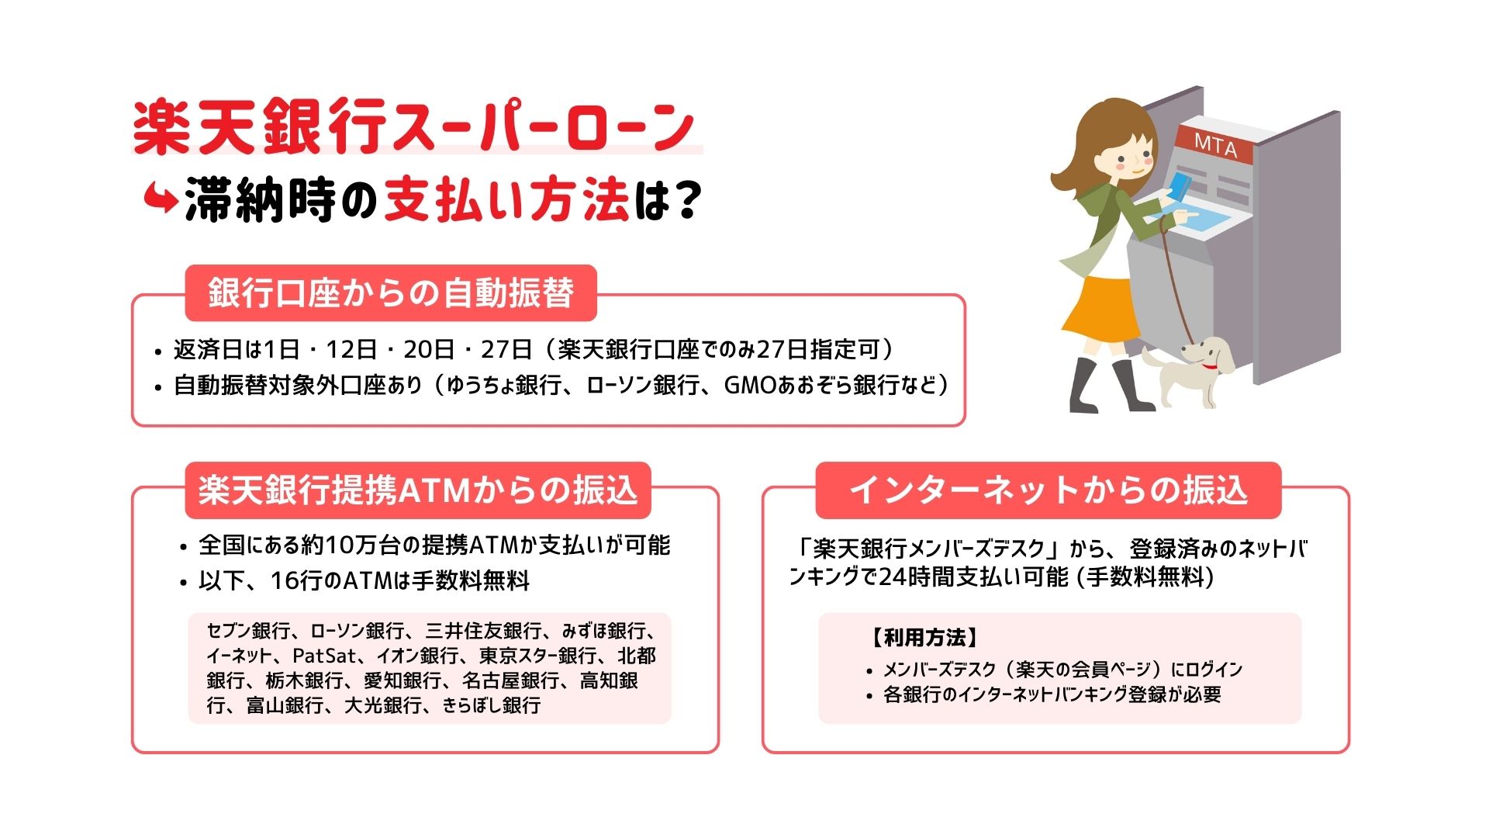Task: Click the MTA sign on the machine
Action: click(x=1215, y=144)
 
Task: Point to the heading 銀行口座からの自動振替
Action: click(x=391, y=293)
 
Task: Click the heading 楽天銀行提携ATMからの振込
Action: click(x=418, y=490)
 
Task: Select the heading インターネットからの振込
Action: click(x=1049, y=490)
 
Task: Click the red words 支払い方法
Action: click(x=506, y=200)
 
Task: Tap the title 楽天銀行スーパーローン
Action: click(x=414, y=126)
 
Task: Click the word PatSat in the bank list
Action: click(x=324, y=656)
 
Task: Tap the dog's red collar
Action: click(x=1210, y=365)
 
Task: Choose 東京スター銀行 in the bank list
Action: click(x=538, y=656)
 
